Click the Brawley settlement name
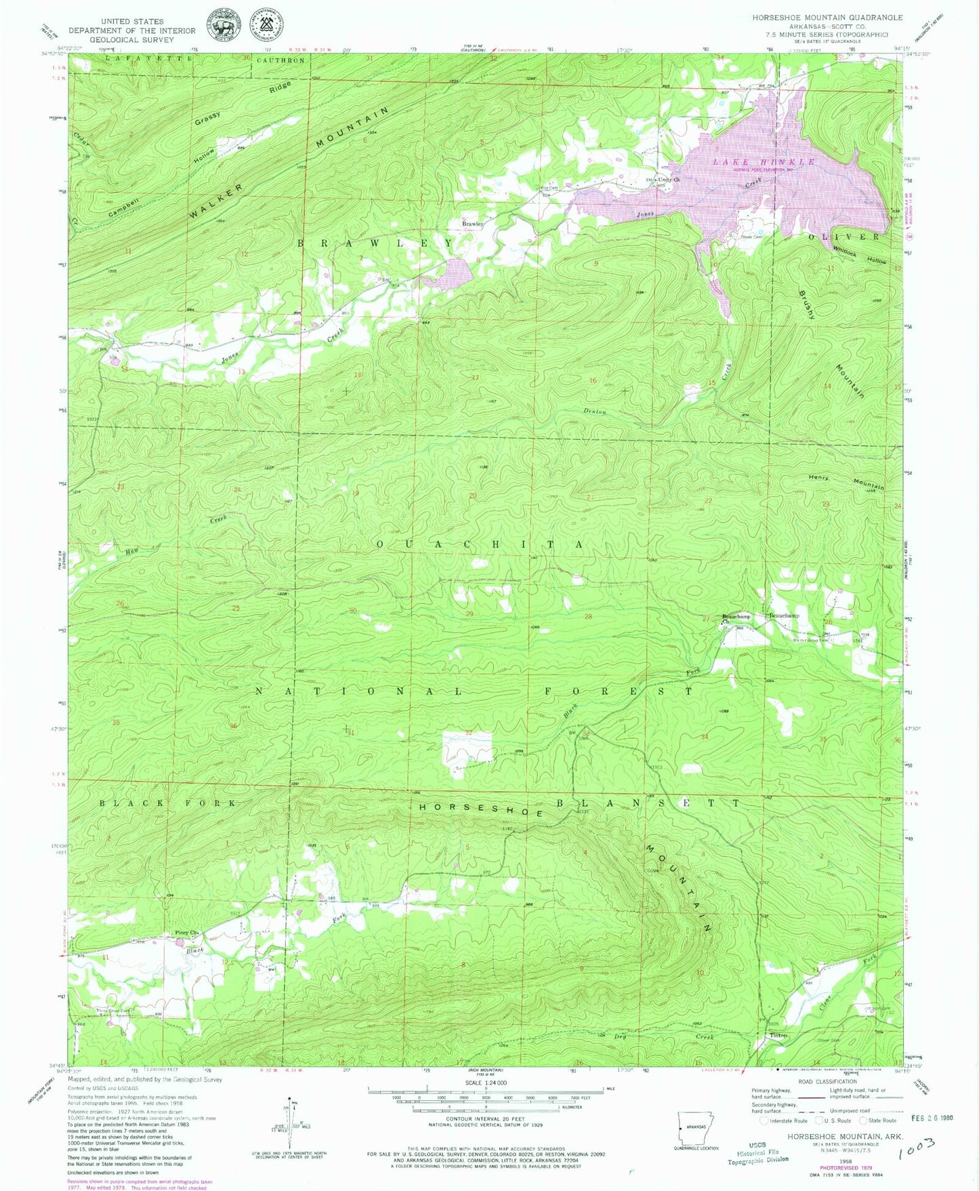[x=472, y=223]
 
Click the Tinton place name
[x=778, y=1036]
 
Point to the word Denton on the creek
[x=595, y=411]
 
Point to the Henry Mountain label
[x=847, y=481]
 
